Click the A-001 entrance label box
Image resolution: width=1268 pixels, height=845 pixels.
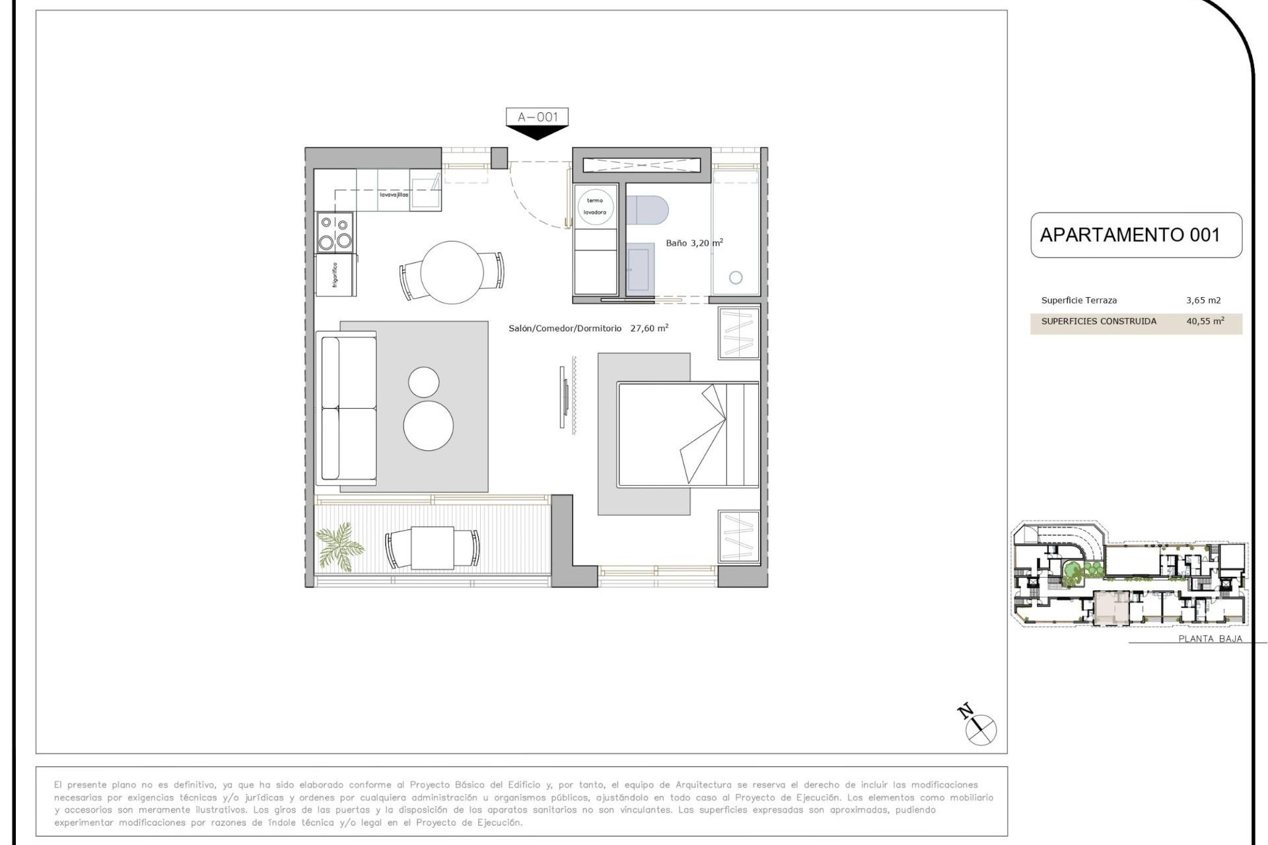coord(537,117)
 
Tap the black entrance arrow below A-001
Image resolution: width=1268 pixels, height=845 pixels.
coord(537,133)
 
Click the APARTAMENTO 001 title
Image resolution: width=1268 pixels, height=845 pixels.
coord(1129,235)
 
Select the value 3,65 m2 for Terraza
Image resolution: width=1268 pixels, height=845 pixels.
coord(1203,300)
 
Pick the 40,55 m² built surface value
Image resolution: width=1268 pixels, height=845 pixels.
coord(1205,321)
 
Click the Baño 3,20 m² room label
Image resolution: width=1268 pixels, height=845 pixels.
coord(693,243)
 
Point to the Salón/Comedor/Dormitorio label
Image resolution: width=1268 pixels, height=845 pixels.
coord(565,328)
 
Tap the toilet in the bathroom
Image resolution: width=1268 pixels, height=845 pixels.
coord(647,211)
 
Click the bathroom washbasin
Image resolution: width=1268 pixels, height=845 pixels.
coord(639,267)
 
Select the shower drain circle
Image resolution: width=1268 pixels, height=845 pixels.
coord(736,278)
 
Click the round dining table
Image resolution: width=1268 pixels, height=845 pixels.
coord(452,272)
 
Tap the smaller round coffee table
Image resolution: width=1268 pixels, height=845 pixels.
coord(423,382)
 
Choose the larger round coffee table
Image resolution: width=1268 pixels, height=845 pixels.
coord(428,426)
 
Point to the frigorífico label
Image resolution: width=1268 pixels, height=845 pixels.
coord(335,275)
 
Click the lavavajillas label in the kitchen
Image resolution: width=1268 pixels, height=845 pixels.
coord(394,195)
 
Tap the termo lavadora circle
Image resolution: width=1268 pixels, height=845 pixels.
coord(595,206)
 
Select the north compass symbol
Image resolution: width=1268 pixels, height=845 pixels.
coord(980,729)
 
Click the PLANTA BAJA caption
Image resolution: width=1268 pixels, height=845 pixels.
coord(1210,638)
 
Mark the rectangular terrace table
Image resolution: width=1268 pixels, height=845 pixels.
coord(433,548)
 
